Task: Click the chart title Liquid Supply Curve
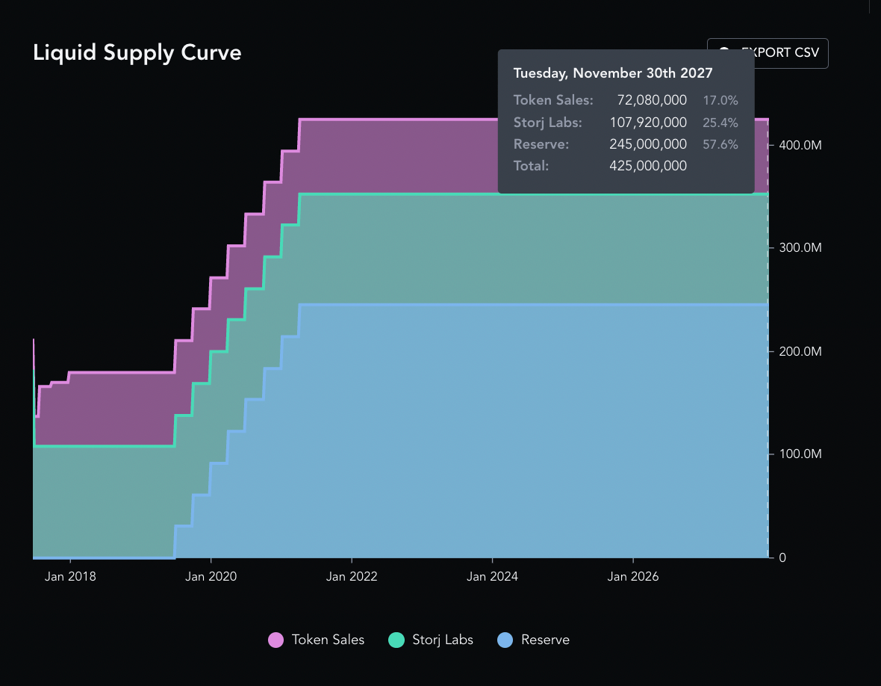click(x=137, y=53)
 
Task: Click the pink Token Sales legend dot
click(x=276, y=640)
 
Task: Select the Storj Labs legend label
click(x=443, y=640)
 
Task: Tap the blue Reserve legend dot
click(x=505, y=640)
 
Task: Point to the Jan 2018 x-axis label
click(x=70, y=576)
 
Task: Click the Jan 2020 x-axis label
click(x=211, y=576)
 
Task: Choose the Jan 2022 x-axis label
click(x=352, y=576)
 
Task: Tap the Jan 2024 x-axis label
click(x=492, y=576)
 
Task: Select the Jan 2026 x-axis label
click(x=633, y=576)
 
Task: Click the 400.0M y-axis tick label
click(x=800, y=144)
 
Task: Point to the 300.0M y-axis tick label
click(x=800, y=247)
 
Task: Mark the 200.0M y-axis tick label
click(x=800, y=351)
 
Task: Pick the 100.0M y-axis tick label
click(x=800, y=454)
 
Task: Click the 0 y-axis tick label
click(x=782, y=557)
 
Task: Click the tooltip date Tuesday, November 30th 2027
click(x=613, y=73)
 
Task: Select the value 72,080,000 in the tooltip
click(x=652, y=100)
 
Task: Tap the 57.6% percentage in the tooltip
click(x=720, y=144)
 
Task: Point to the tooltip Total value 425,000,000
click(x=648, y=166)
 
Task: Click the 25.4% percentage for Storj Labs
click(x=720, y=123)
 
